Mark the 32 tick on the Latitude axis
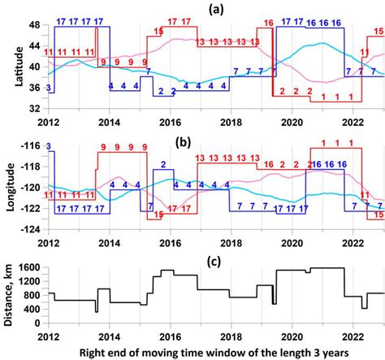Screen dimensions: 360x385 click(x=36, y=109)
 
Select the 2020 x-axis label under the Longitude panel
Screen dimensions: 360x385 click(x=292, y=241)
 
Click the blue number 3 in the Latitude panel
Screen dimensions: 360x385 click(x=50, y=87)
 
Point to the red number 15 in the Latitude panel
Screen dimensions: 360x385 click(x=159, y=31)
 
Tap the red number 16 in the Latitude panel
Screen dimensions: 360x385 click(x=269, y=22)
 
